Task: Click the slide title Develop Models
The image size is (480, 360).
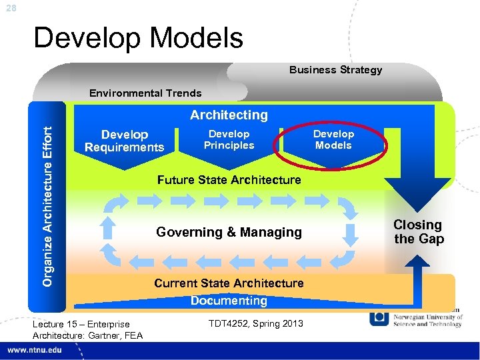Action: pyautogui.click(x=138, y=38)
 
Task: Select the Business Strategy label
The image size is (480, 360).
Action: pyautogui.click(x=335, y=70)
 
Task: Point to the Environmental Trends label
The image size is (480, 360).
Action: pyautogui.click(x=145, y=93)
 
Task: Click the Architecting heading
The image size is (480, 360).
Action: pyautogui.click(x=229, y=115)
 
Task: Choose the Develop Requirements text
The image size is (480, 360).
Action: pyautogui.click(x=124, y=141)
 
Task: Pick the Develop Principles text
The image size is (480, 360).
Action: pyautogui.click(x=229, y=139)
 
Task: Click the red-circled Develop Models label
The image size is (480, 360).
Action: pyautogui.click(x=333, y=139)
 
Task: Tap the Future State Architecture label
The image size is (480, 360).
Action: pyautogui.click(x=229, y=180)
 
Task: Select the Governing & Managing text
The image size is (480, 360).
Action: pyautogui.click(x=229, y=232)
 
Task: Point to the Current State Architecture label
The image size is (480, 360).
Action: pyautogui.click(x=229, y=283)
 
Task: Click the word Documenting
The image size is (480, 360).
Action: pyautogui.click(x=229, y=301)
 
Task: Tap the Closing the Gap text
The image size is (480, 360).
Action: pyautogui.click(x=418, y=232)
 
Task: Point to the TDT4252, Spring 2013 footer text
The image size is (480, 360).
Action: pyautogui.click(x=255, y=324)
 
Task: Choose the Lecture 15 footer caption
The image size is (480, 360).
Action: pyautogui.click(x=87, y=329)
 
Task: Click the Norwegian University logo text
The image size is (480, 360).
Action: pyautogui.click(x=427, y=321)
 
